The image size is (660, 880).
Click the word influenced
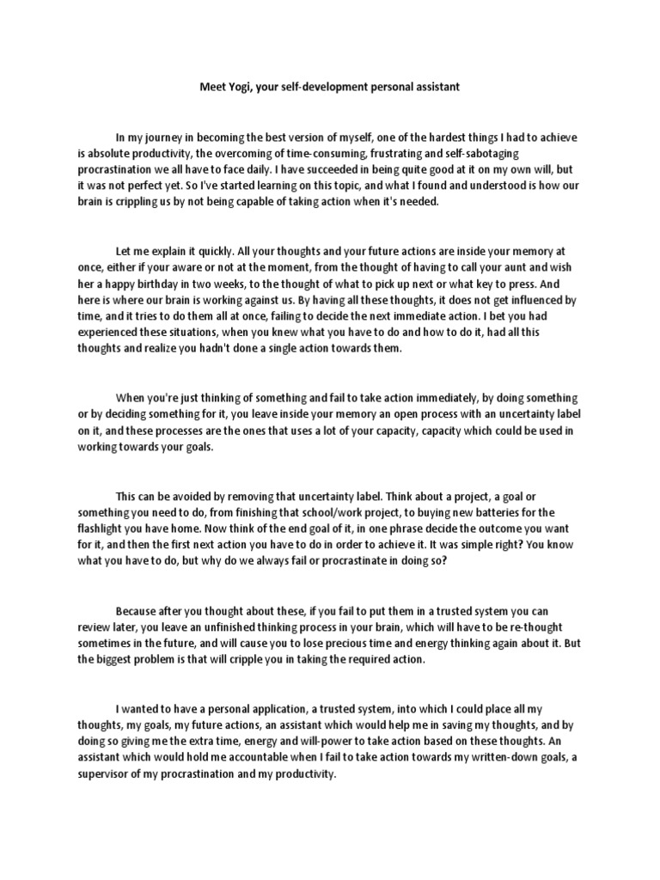[x=521, y=299]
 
